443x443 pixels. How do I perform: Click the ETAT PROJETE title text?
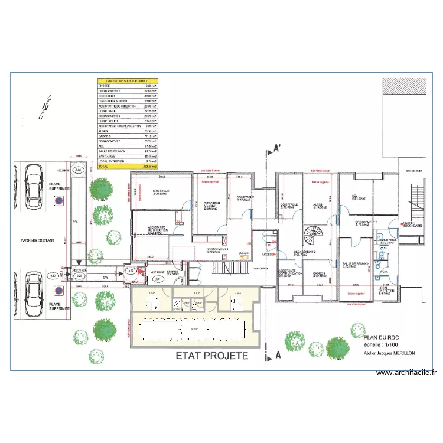212,356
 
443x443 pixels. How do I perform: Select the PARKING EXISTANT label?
37,240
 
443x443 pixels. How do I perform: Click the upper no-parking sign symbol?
58,201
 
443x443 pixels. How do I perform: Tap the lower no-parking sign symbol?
58,290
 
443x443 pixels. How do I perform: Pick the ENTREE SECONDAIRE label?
412,224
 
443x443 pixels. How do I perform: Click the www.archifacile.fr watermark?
406,373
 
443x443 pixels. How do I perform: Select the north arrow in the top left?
43,108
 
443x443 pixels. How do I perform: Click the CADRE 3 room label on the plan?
319,275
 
